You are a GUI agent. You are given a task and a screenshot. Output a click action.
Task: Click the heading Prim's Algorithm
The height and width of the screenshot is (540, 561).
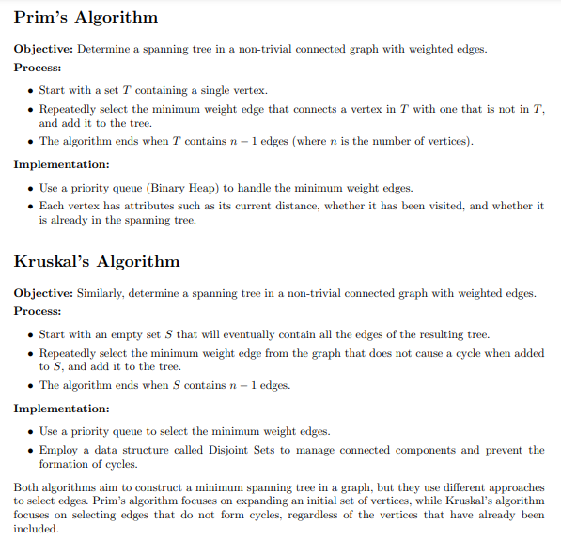(x=86, y=18)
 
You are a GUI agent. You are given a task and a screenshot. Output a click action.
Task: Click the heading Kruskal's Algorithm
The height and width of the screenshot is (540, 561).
(x=96, y=261)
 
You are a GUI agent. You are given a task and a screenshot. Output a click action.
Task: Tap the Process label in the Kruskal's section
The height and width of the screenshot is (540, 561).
(x=38, y=311)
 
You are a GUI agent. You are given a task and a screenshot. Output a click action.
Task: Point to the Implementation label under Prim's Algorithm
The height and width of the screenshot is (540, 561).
(x=62, y=164)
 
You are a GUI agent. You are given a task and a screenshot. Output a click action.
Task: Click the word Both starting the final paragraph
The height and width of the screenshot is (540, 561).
(x=28, y=487)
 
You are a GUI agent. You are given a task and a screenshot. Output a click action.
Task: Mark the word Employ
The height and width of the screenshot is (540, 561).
(x=58, y=450)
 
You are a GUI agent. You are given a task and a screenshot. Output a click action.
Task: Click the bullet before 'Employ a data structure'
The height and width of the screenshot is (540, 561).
(x=31, y=450)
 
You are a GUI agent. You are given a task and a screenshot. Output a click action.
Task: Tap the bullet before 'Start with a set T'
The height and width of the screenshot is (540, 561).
(x=31, y=90)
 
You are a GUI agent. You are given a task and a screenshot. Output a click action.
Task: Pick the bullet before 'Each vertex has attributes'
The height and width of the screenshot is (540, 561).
(x=31, y=206)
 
